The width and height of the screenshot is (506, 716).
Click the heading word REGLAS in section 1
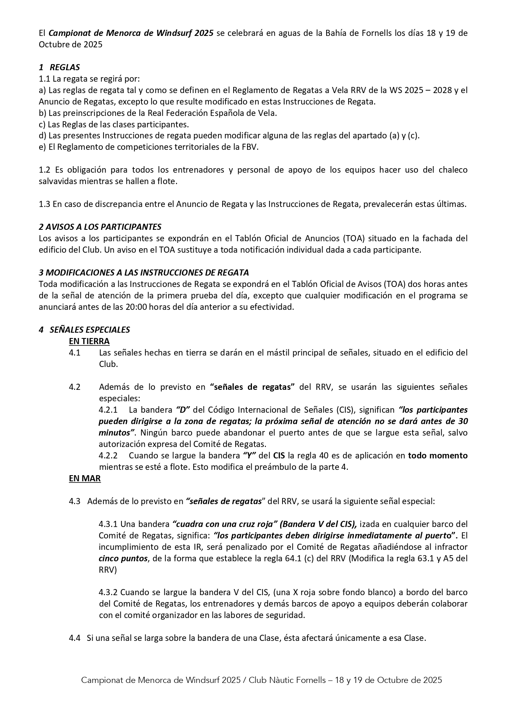[x=65, y=67]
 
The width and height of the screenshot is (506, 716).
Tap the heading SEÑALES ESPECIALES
[x=90, y=330]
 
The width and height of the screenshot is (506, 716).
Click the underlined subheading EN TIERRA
[x=89, y=341]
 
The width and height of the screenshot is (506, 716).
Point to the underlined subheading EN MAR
[x=85, y=478]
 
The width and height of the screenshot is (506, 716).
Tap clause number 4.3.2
[x=108, y=592]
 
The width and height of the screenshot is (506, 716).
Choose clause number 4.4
[x=75, y=638]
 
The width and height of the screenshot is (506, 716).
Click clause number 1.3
[x=44, y=204]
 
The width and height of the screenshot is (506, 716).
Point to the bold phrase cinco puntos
[x=123, y=558]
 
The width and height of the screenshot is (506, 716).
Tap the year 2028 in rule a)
[x=442, y=90]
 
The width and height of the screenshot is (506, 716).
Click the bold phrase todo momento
[x=438, y=456]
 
